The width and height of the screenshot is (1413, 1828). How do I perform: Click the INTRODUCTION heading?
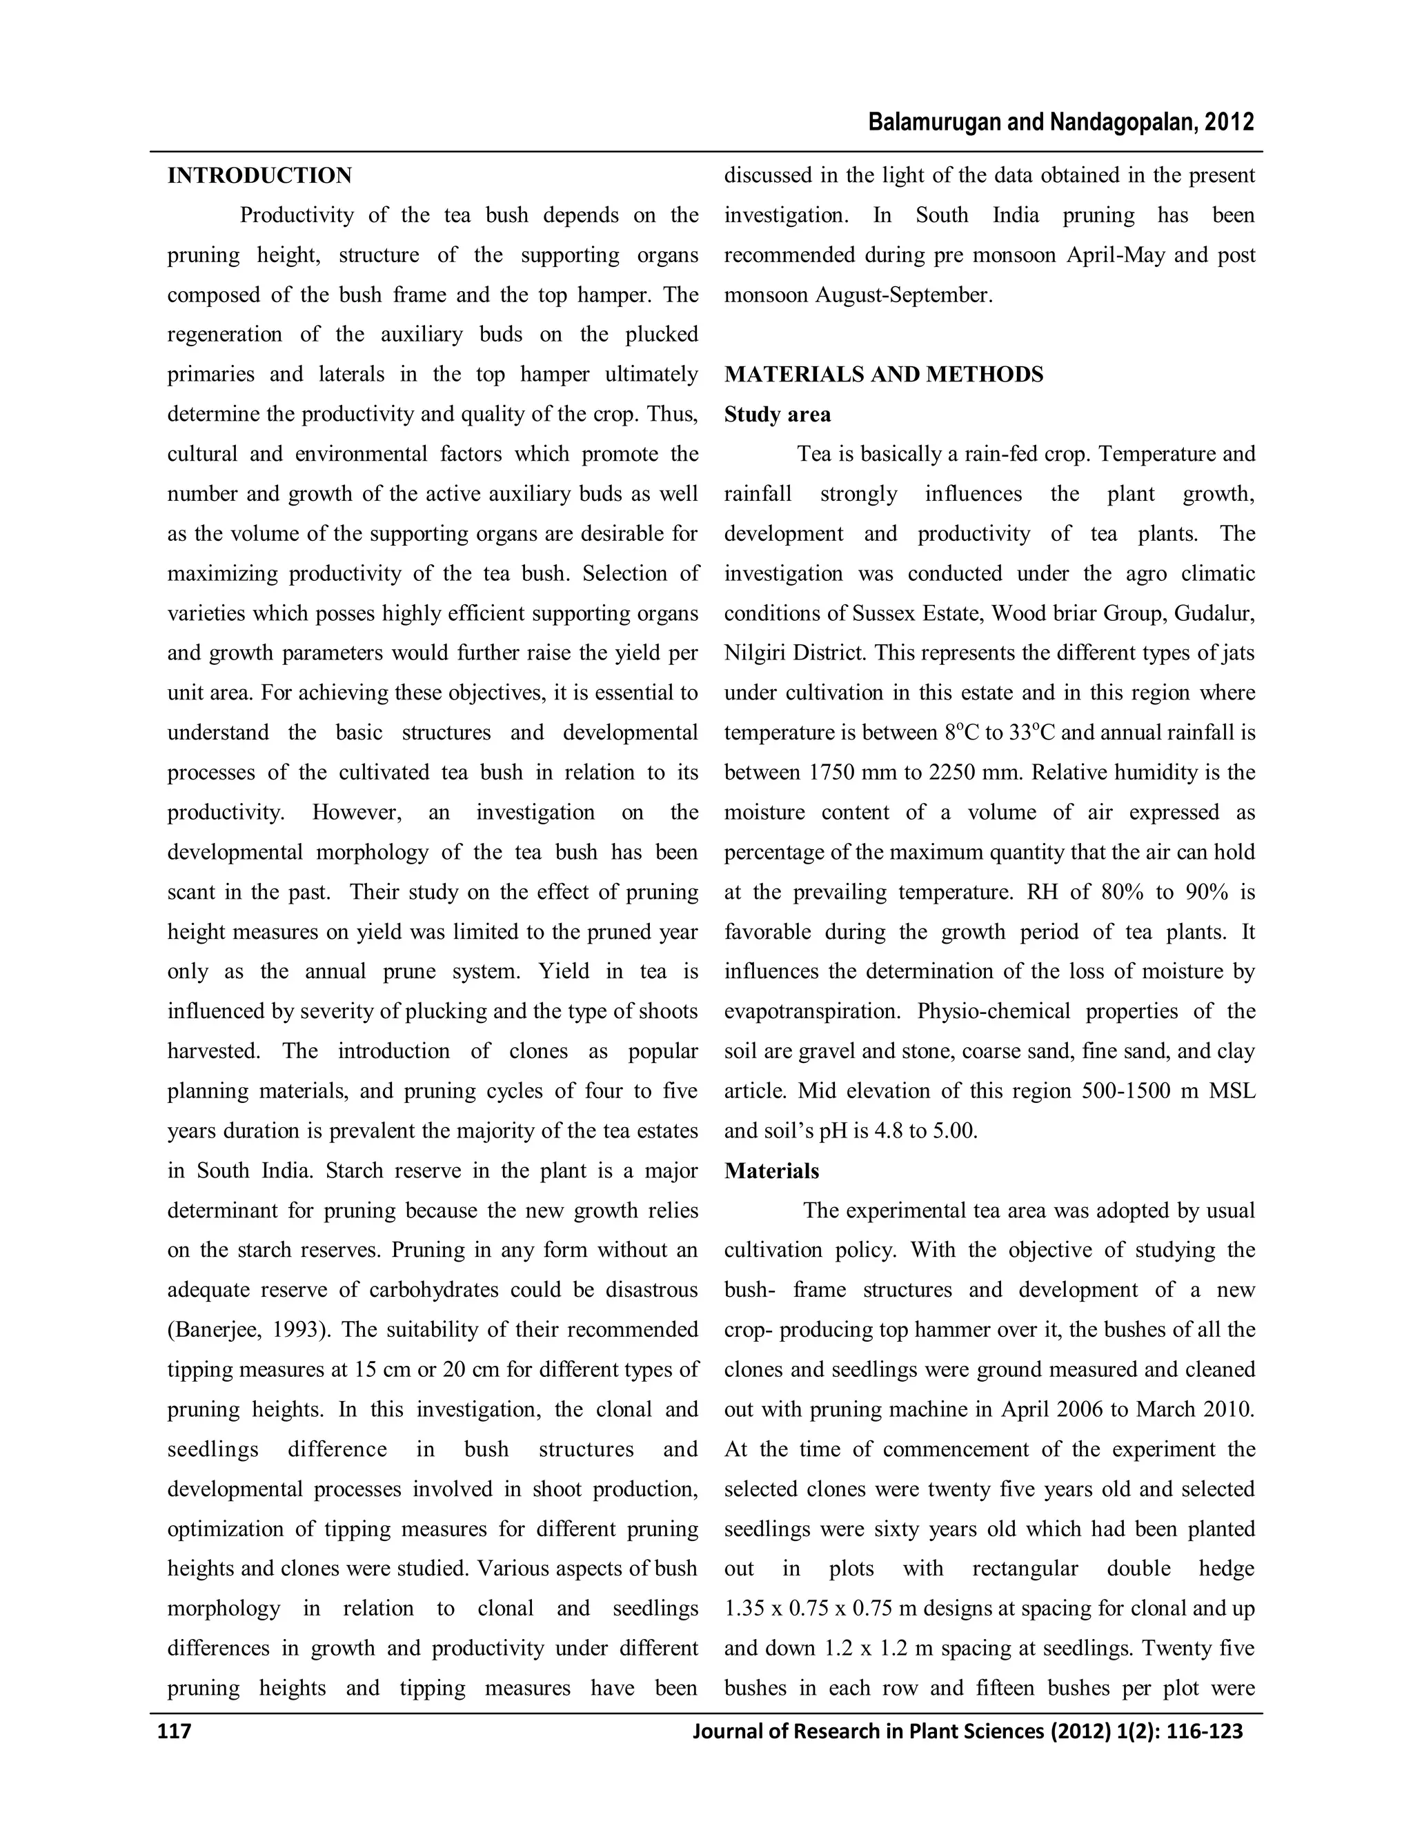click(259, 176)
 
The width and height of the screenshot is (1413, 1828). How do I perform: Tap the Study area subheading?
click(778, 415)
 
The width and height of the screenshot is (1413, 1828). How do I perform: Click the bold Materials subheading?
click(771, 1171)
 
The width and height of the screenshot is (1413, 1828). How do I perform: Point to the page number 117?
click(175, 1731)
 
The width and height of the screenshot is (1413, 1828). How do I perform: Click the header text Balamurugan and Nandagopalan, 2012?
click(1061, 123)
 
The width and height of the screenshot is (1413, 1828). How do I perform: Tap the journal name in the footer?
click(967, 1731)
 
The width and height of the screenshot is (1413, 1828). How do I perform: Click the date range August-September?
click(904, 295)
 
